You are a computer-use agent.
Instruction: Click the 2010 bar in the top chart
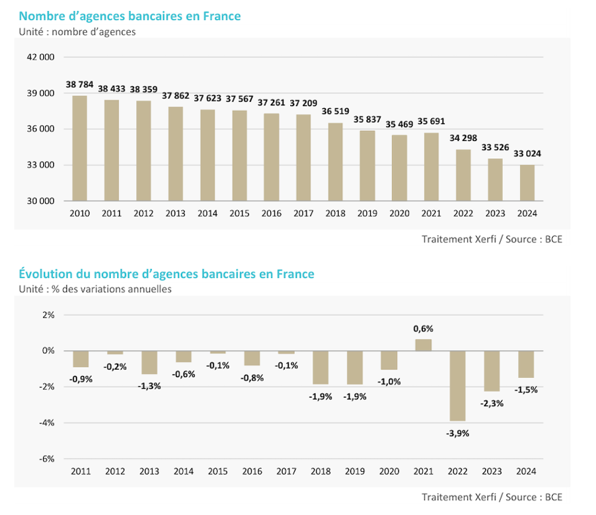(80, 148)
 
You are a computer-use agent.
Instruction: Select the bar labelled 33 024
(527, 183)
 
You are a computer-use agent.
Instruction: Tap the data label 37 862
(176, 96)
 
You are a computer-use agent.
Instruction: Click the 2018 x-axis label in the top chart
(335, 214)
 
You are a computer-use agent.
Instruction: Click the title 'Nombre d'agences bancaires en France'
(130, 16)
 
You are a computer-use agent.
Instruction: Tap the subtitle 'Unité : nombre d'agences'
(77, 32)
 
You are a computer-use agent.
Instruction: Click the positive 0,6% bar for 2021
(424, 344)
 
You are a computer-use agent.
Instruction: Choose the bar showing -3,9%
(457, 386)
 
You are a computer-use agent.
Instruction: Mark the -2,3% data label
(492, 403)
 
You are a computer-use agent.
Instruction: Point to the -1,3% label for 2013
(150, 386)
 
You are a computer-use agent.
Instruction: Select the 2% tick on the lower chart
(48, 315)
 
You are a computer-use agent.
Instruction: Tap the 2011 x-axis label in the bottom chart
(81, 472)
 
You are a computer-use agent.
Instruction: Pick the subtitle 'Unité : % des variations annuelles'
(95, 289)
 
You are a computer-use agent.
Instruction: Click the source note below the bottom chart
(491, 497)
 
